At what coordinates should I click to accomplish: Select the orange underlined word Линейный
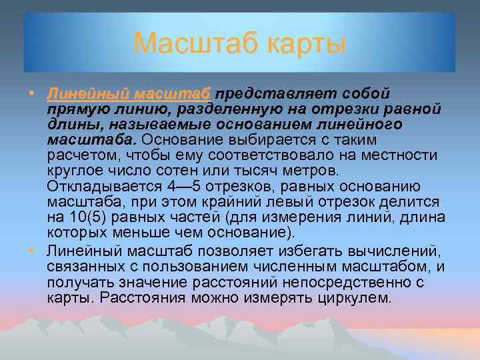pos(87,93)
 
